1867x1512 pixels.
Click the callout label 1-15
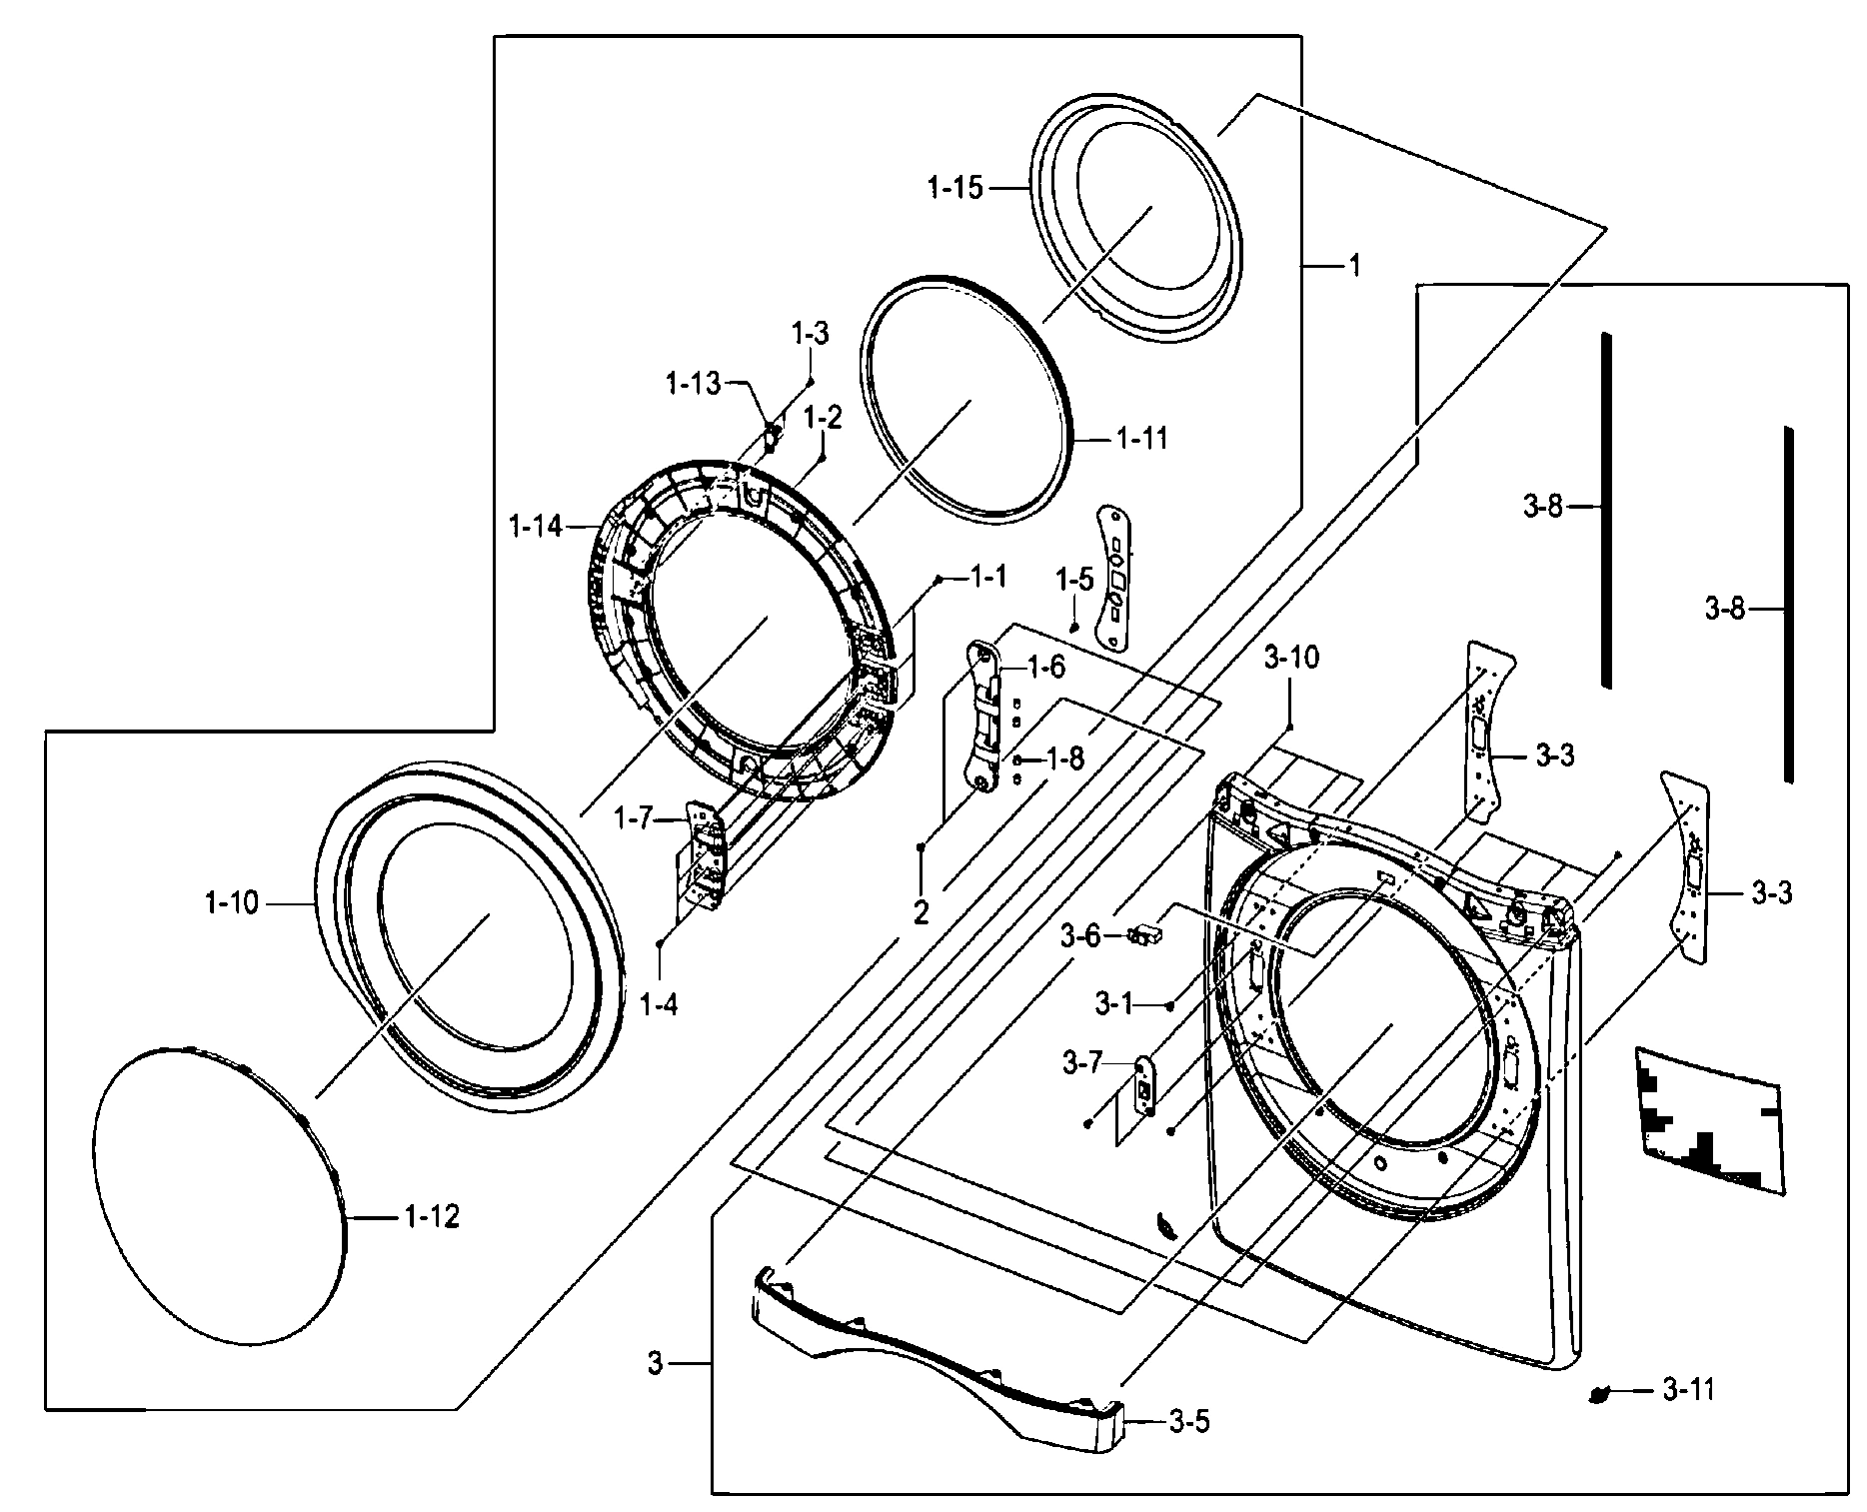(x=955, y=187)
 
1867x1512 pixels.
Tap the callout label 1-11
(x=1141, y=438)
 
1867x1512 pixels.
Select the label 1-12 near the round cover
(x=432, y=1216)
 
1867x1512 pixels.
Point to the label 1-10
(x=232, y=903)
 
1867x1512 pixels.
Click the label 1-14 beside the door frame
(x=536, y=526)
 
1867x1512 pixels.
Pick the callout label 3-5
(x=1188, y=1421)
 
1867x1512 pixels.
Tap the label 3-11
(x=1689, y=1389)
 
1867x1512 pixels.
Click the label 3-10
(x=1291, y=658)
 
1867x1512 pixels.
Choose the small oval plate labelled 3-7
(x=1145, y=1085)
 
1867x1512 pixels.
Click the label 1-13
(x=693, y=383)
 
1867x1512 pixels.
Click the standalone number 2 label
(x=921, y=911)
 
